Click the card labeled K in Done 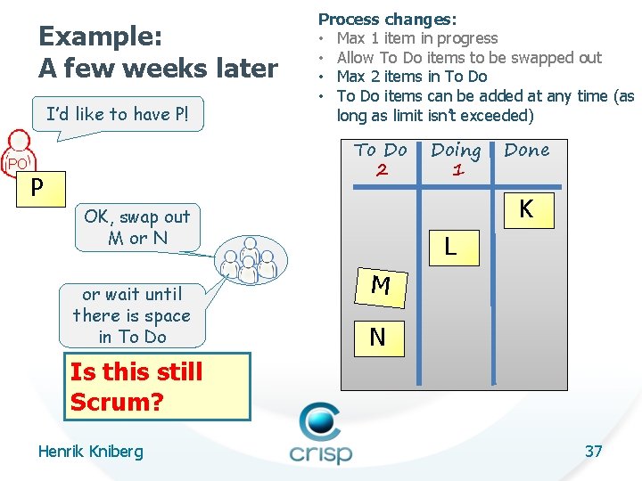coord(527,209)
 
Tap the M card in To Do coord(381,285)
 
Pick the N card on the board coord(378,337)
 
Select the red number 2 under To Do coord(382,170)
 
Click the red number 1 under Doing coord(457,170)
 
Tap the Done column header coord(527,151)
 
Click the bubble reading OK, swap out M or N coord(136,227)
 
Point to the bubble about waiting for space coord(131,315)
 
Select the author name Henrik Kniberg coord(90,452)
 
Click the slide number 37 coord(593,451)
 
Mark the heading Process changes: coord(388,19)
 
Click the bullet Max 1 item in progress coord(416,38)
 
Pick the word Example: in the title coord(100,37)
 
